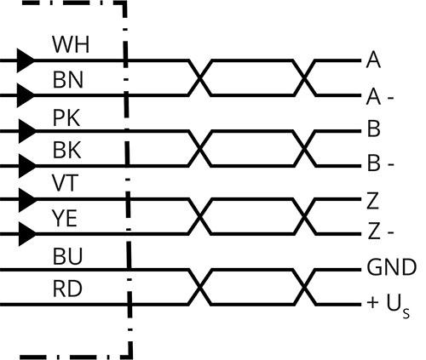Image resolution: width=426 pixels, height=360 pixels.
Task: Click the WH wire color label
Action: tap(71, 44)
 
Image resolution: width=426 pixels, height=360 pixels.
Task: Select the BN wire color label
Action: tap(68, 80)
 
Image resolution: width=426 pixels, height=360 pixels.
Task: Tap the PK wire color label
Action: tap(66, 117)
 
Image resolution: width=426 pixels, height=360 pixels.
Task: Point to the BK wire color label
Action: tap(67, 150)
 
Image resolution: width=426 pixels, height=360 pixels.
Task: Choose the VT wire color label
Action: tap(65, 183)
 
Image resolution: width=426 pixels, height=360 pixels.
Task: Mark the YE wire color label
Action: tap(65, 218)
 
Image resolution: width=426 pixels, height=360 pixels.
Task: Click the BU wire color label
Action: tap(67, 256)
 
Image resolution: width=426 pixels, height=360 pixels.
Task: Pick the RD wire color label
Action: tap(67, 289)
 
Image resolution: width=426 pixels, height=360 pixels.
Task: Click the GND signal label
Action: tap(392, 267)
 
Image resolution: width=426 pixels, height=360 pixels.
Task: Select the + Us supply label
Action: tap(389, 306)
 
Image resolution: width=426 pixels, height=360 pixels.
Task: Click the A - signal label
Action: tap(380, 96)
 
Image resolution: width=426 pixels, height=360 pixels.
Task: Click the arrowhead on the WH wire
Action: tap(26, 60)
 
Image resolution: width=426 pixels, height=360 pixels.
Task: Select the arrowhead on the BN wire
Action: tap(26, 95)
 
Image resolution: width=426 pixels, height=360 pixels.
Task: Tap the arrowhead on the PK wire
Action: tap(27, 131)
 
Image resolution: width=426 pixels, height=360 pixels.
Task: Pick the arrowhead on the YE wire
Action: tap(27, 234)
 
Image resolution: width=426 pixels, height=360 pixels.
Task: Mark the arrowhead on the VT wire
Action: tap(27, 200)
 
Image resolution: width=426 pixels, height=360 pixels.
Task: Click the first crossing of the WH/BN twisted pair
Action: tap(200, 78)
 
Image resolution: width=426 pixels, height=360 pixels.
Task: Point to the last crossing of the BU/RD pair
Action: tap(304, 287)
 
